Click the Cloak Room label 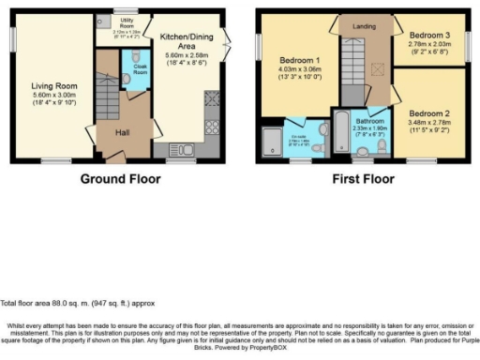pyautogui.click(x=139, y=68)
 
